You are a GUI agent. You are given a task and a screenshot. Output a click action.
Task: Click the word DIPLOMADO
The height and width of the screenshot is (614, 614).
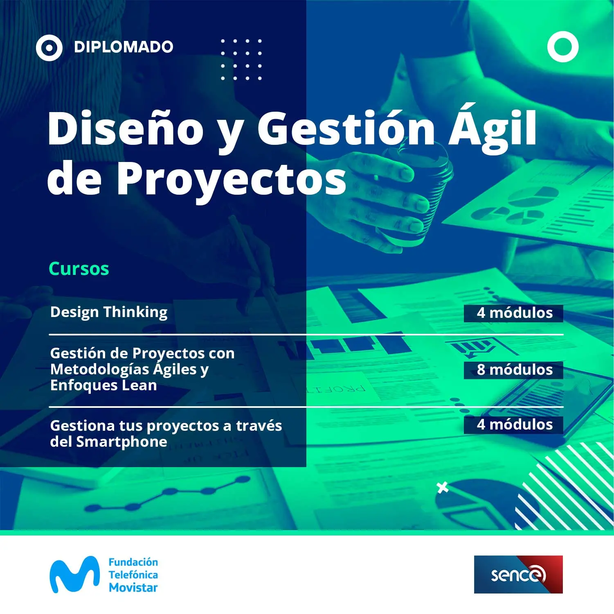point(124,47)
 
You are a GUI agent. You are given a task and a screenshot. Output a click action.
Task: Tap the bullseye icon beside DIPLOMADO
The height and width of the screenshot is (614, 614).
point(49,48)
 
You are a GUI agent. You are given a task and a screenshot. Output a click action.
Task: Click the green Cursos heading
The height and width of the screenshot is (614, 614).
point(79,269)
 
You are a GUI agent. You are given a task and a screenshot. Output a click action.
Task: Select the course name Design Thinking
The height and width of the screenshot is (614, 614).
point(109,312)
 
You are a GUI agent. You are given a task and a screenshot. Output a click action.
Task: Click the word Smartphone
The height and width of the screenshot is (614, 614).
point(121,442)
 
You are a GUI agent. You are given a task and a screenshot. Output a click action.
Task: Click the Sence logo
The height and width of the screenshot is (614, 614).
point(518,574)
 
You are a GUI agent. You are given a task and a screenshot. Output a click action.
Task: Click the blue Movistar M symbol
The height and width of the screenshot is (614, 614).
point(74,574)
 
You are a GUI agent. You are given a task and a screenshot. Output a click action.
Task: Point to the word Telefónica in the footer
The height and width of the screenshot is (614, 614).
point(133,575)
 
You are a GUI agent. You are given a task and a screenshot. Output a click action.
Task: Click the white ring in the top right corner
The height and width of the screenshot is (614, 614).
point(563,47)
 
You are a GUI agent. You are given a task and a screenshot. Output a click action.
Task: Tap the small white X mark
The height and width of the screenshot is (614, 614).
point(442,488)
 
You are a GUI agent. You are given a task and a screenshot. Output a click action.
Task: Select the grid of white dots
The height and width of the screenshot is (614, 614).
point(241,60)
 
